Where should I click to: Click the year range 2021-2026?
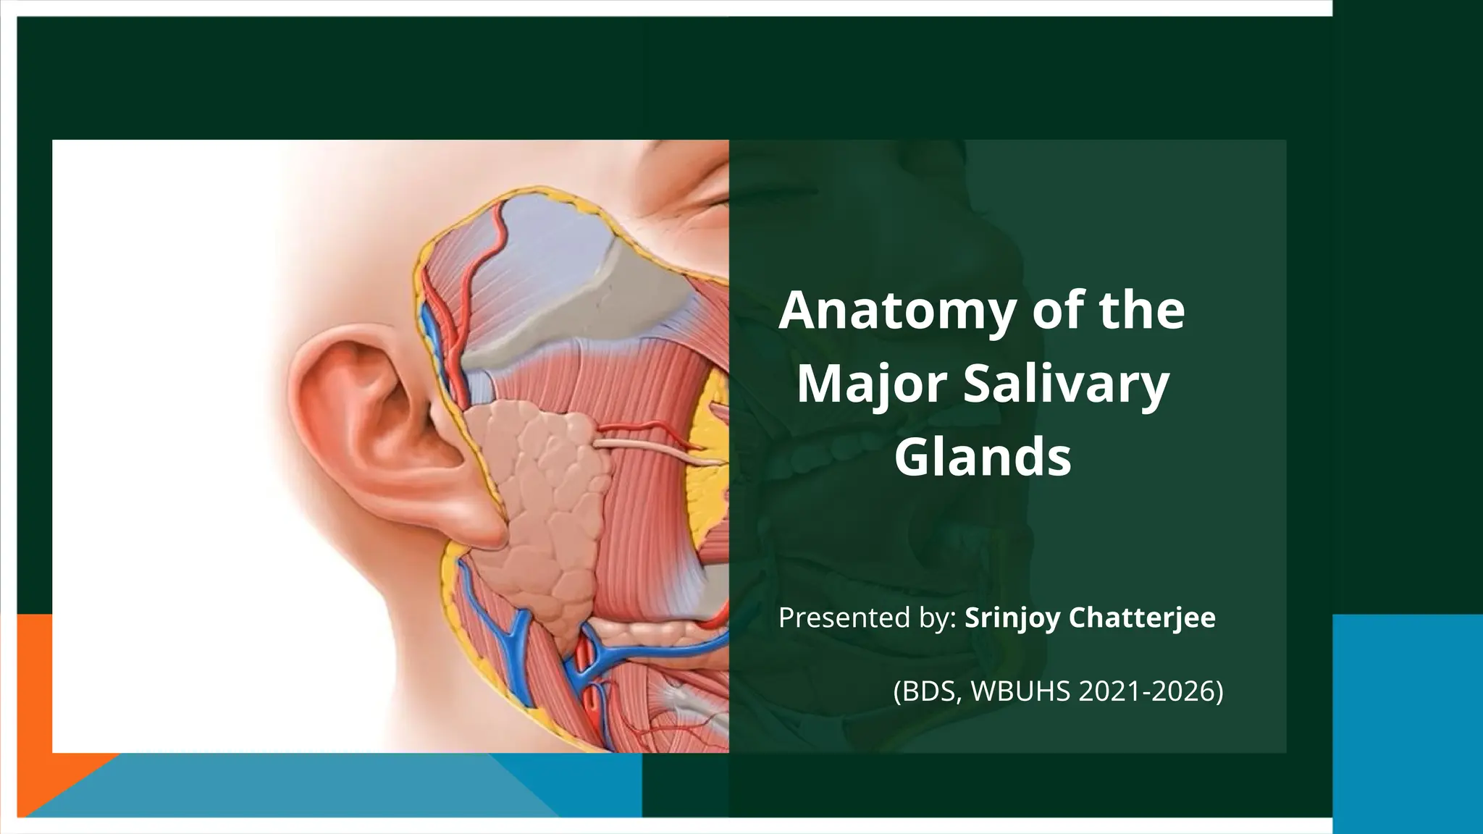coord(1144,691)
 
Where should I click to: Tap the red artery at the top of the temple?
coord(500,232)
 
